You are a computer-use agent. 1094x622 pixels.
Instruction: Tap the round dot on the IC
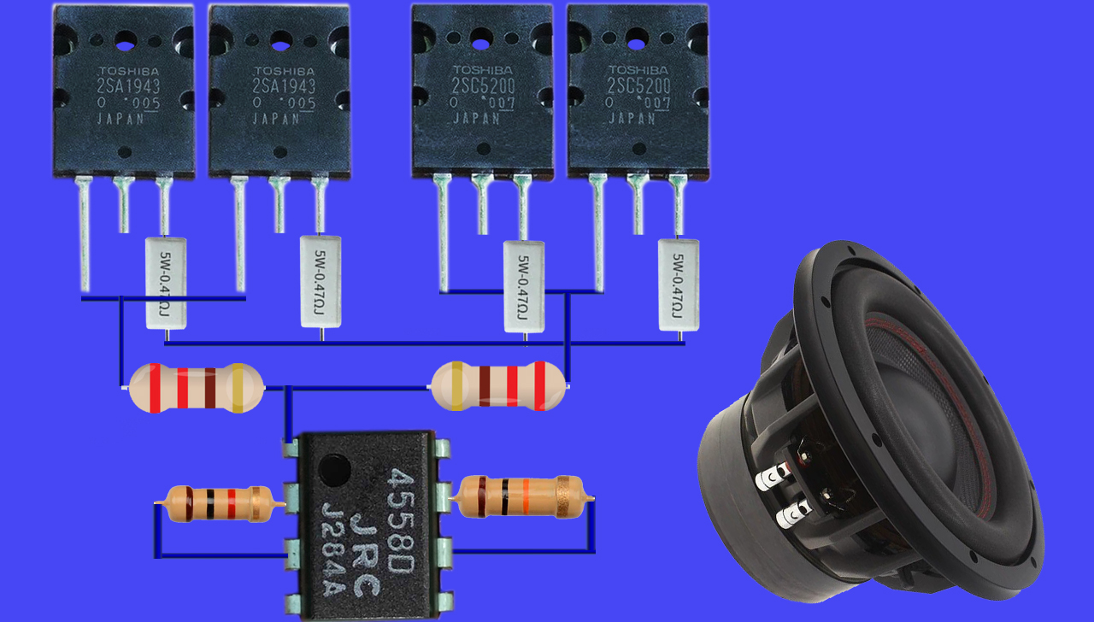click(x=334, y=467)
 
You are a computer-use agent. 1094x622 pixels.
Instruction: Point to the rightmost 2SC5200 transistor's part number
click(x=638, y=85)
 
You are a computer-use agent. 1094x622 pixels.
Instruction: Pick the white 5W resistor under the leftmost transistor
click(x=165, y=283)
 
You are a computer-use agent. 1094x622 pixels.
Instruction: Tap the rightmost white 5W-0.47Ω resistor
click(x=679, y=285)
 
